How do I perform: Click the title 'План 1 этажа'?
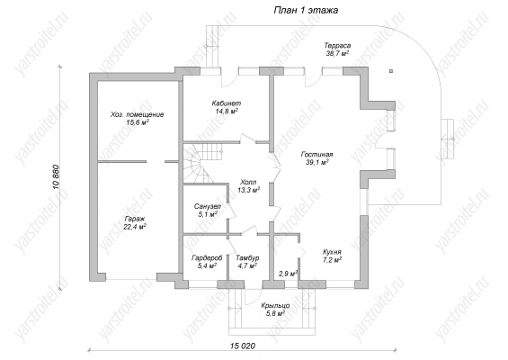click(x=306, y=11)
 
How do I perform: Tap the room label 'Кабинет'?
click(x=227, y=103)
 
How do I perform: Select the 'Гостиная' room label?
click(x=316, y=155)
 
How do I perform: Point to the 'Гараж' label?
click(x=134, y=219)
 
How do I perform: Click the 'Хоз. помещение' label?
click(x=137, y=114)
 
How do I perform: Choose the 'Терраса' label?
click(x=337, y=46)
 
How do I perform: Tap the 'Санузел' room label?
click(x=208, y=206)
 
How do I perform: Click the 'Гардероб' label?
click(x=207, y=258)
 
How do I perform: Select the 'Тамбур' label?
click(x=247, y=258)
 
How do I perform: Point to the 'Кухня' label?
click(x=332, y=252)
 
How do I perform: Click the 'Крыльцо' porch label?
click(x=275, y=306)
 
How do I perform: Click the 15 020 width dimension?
click(x=243, y=346)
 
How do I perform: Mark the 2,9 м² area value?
click(x=289, y=274)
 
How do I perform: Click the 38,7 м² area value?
click(x=337, y=53)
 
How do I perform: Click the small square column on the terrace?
click(x=391, y=71)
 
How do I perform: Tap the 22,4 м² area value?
click(x=135, y=227)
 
